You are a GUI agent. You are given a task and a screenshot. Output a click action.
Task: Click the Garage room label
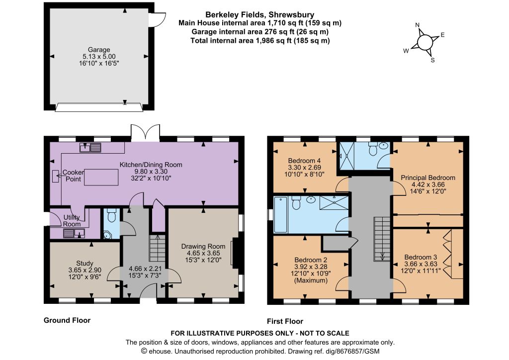pyautogui.click(x=99, y=50)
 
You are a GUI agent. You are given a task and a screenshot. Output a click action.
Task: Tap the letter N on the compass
pyautogui.click(x=418, y=25)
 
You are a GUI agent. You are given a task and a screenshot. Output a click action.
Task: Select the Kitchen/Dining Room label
pyautogui.click(x=151, y=165)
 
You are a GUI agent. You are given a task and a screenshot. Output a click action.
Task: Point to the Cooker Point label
pyautogui.click(x=74, y=176)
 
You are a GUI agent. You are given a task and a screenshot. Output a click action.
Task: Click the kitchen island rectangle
pyautogui.click(x=101, y=177)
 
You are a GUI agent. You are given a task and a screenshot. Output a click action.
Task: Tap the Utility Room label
pyautogui.click(x=72, y=221)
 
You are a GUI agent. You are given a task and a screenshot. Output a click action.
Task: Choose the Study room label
pyautogui.click(x=85, y=263)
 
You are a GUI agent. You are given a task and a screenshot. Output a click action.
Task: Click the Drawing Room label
pyautogui.click(x=203, y=247)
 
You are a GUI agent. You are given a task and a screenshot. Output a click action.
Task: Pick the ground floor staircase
pyautogui.click(x=158, y=248)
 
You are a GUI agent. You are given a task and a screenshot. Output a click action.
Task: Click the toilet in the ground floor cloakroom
pyautogui.click(x=112, y=215)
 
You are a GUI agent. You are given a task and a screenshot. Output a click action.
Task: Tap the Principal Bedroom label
pyautogui.click(x=428, y=178)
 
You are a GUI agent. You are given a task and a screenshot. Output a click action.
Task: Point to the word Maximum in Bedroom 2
pyautogui.click(x=311, y=280)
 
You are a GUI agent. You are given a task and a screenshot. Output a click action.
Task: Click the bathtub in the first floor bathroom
pyautogui.click(x=281, y=215)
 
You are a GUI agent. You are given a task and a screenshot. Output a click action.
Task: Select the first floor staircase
pyautogui.click(x=382, y=239)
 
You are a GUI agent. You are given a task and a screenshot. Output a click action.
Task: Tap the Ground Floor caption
pyautogui.click(x=67, y=320)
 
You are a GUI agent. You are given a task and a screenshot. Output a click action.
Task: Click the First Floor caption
pyautogui.click(x=285, y=321)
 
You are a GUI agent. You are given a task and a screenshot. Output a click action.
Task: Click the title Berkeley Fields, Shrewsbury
pyautogui.click(x=259, y=14)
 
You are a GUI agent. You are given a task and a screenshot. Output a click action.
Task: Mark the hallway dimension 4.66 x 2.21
pyautogui.click(x=145, y=269)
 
